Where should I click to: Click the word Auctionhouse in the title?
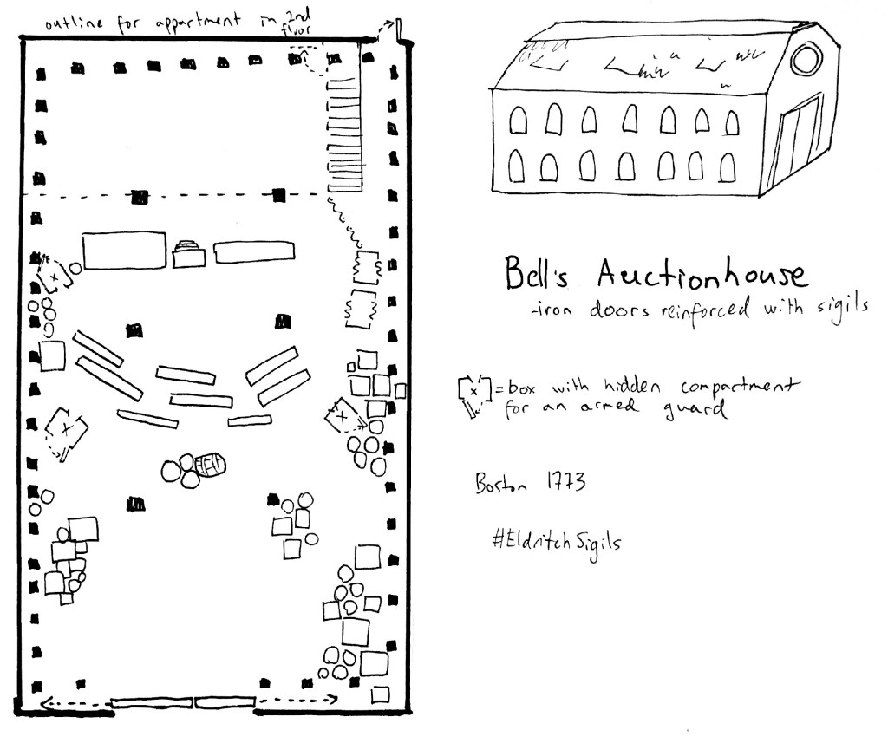pos(701,276)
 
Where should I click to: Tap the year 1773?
pos(567,482)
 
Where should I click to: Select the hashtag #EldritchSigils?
pos(556,540)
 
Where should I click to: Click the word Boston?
pos(501,484)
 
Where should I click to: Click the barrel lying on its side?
pos(209,466)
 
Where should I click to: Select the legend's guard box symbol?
pos(473,394)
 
